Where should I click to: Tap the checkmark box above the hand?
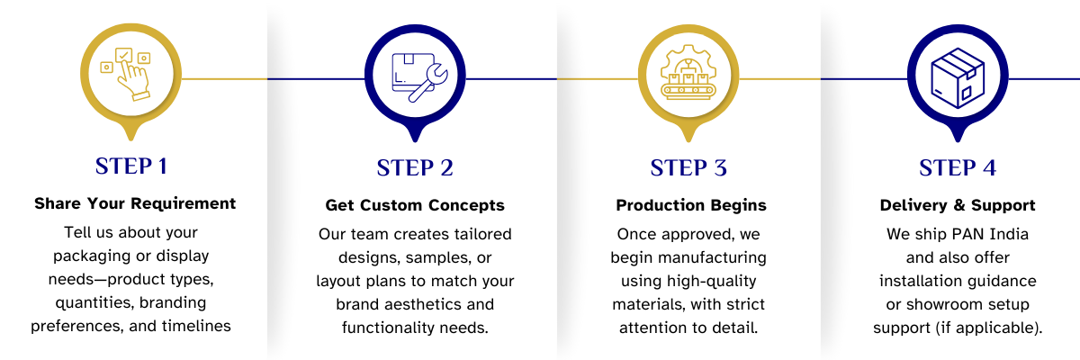tap(124, 54)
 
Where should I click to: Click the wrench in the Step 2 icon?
tap(427, 83)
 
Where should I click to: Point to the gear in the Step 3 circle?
tap(688, 56)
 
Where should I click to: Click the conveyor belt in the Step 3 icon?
tap(688, 90)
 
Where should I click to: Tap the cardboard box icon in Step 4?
tap(958, 77)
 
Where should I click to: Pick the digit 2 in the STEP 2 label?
tap(445, 168)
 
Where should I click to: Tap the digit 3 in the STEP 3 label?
tap(719, 168)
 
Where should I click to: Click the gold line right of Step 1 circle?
tap(224, 78)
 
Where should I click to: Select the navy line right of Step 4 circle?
tap(1044, 78)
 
